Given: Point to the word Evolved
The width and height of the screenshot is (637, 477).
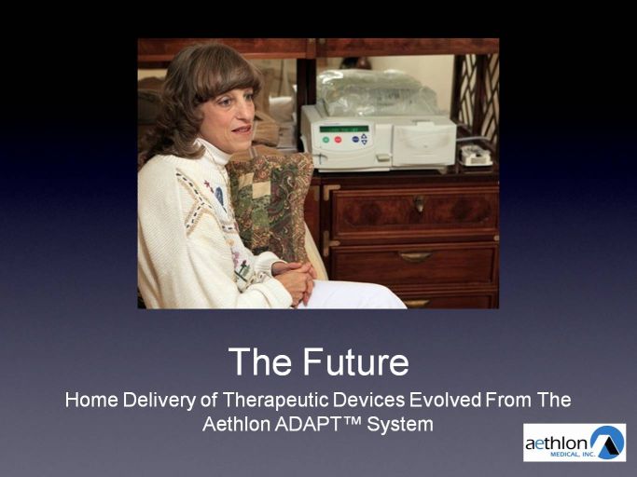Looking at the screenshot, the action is pos(445,400).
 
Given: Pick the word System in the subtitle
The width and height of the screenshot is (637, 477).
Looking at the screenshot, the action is pos(400,425).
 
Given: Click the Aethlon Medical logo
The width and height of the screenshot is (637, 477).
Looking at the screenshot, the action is pos(575,443).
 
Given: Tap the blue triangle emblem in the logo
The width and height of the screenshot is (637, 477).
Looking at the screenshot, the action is pos(608,441).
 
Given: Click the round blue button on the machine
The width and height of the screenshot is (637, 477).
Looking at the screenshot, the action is pos(355,139).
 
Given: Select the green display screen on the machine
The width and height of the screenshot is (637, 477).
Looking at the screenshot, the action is pos(344,129).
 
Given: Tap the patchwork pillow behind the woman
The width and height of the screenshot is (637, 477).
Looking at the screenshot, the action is pos(271,203).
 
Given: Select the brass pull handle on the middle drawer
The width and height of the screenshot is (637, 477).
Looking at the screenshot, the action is pos(415,256).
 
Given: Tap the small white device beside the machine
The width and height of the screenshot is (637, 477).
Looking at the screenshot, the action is pos(476,157).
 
